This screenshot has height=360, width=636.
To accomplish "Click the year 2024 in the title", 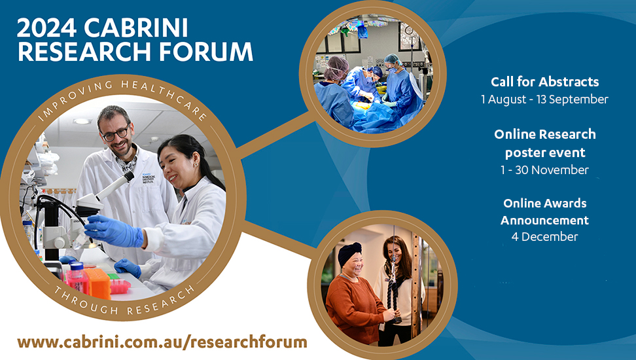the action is point(46,28).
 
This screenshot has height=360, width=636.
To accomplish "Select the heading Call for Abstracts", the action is point(545,82).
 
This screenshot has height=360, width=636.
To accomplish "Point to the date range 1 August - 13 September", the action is point(545,99).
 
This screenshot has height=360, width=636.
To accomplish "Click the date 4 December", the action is point(545,236).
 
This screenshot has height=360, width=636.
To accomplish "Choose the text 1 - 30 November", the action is point(545,170).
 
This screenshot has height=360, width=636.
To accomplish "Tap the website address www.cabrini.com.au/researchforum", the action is point(162,342).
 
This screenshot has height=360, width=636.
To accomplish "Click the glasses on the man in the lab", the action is point(116,134).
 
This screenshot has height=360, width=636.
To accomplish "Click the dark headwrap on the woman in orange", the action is point(349,253).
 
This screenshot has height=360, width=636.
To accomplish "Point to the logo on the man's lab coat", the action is point(149,179).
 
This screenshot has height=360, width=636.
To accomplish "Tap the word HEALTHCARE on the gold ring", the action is point(164,96).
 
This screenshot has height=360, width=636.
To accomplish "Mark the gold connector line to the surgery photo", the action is point(276,135).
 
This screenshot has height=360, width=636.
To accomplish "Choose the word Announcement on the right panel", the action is point(545,220).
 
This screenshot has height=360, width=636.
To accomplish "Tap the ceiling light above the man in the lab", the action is point(82,121).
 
